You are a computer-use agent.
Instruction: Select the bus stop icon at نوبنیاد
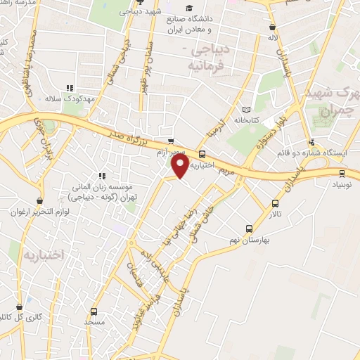point(342,173)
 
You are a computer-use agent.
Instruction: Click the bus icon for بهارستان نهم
point(248,229)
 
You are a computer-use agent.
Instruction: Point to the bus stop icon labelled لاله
point(272,28)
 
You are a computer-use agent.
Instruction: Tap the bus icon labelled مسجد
point(94,312)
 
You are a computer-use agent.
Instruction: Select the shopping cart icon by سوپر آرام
point(171,141)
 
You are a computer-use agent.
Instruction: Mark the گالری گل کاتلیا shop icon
point(20,307)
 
